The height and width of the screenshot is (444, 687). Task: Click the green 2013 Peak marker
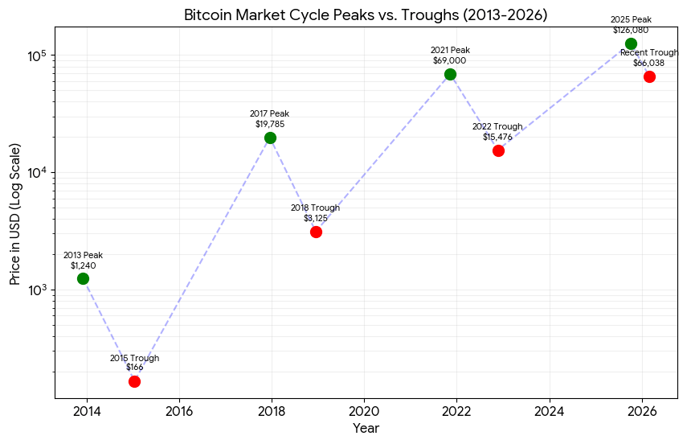(83, 278)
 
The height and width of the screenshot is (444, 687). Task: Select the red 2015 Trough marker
(134, 381)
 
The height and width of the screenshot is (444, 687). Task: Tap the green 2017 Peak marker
(270, 138)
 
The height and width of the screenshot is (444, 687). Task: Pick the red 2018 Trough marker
(316, 232)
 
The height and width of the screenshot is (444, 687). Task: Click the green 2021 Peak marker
(450, 74)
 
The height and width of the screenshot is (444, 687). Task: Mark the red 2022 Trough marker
(498, 150)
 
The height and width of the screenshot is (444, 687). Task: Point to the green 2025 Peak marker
(631, 43)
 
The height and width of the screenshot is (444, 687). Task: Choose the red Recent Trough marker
(649, 76)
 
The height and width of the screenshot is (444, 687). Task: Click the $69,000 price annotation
(450, 60)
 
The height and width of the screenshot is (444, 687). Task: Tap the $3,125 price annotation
(315, 218)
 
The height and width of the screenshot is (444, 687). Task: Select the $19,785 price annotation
(269, 124)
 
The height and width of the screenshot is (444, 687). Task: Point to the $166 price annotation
(134, 368)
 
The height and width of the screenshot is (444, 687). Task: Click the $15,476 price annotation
(497, 137)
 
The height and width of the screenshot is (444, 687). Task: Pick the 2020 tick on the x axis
(364, 412)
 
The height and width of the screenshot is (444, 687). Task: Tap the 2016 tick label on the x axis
(179, 412)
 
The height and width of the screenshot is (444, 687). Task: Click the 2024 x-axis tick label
(550, 412)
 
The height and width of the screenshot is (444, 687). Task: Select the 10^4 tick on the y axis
(37, 173)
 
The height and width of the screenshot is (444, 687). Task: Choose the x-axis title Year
(366, 429)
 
